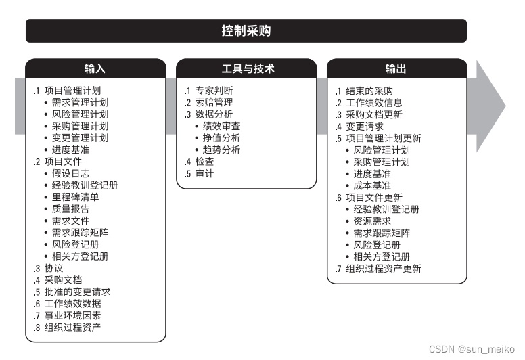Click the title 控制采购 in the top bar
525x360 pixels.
pyautogui.click(x=246, y=31)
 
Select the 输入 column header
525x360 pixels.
pyautogui.click(x=95, y=69)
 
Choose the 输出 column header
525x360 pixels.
pyautogui.click(x=396, y=69)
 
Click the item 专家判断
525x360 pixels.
pyautogui.click(x=214, y=91)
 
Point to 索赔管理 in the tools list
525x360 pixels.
pyautogui.click(x=214, y=103)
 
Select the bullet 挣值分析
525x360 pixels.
pyautogui.click(x=221, y=138)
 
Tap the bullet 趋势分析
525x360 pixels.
pyautogui.click(x=221, y=150)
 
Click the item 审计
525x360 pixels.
pyautogui.click(x=205, y=174)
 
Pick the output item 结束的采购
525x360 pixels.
pyautogui.click(x=369, y=91)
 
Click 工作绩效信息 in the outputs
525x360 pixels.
pyautogui.click(x=374, y=103)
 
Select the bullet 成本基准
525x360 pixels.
pyautogui.click(x=372, y=185)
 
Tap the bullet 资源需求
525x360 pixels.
pyautogui.click(x=372, y=221)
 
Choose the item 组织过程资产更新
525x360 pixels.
pyautogui.click(x=384, y=269)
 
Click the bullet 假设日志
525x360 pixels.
pyautogui.click(x=70, y=173)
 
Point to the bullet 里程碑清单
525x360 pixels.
pyautogui.click(x=75, y=197)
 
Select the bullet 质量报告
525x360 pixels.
pyautogui.click(x=70, y=209)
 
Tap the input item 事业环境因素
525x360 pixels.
pyautogui.click(x=72, y=316)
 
